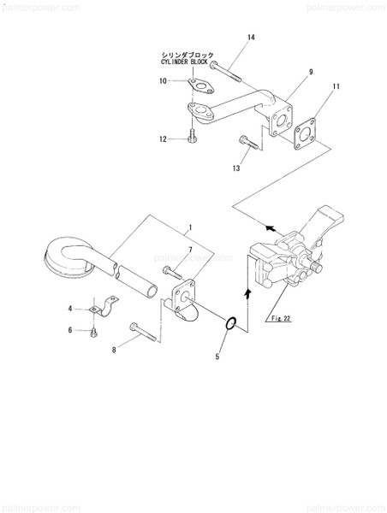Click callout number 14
(x=251, y=37)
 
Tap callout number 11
(x=336, y=87)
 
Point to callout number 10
(x=162, y=81)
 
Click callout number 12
(x=162, y=138)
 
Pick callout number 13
(x=235, y=168)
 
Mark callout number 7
(x=191, y=249)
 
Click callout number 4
(x=71, y=307)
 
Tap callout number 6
(x=71, y=329)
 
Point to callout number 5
(x=217, y=356)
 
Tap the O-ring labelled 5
(x=229, y=322)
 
